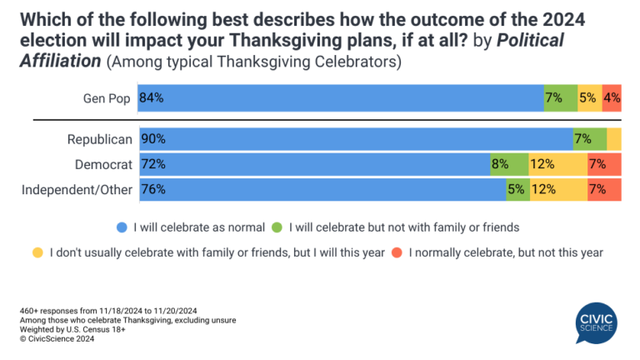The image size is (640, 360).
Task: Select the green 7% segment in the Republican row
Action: (588, 139)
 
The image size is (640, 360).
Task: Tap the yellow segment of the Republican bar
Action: (614, 139)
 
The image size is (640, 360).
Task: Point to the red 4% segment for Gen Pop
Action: (611, 97)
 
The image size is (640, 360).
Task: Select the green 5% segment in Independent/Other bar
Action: (517, 189)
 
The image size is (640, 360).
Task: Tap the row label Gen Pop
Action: (107, 97)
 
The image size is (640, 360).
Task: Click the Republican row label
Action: (100, 139)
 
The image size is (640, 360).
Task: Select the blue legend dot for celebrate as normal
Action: (122, 226)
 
